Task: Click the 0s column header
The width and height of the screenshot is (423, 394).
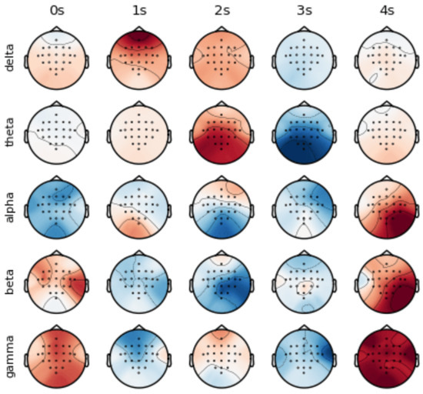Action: click(x=55, y=12)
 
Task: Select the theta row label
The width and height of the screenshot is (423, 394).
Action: click(x=9, y=132)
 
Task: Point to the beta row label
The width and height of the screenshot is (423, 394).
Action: click(x=9, y=282)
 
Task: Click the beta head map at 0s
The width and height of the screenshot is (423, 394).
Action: click(x=55, y=282)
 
